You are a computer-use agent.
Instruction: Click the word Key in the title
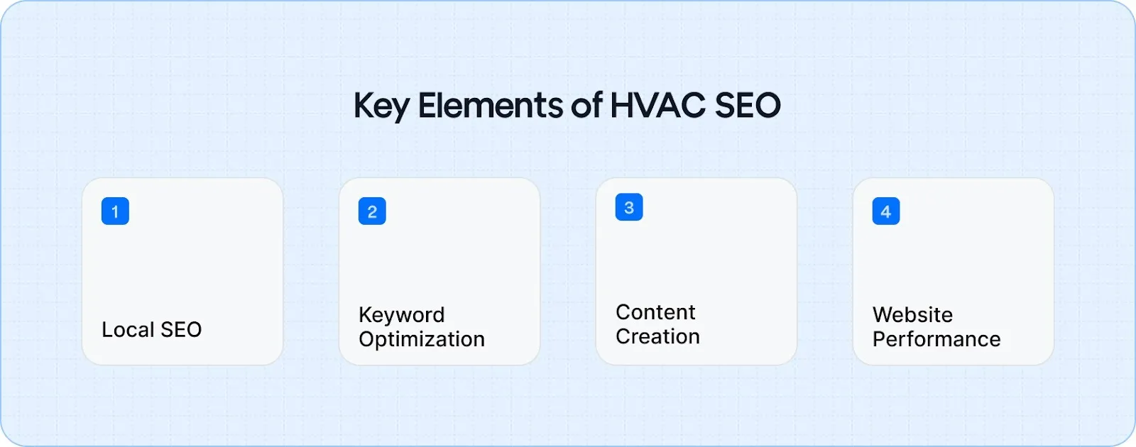click(x=381, y=106)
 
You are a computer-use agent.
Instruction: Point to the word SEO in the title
click(x=747, y=105)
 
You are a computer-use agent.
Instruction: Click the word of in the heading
click(x=586, y=105)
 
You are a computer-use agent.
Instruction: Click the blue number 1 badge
click(x=115, y=211)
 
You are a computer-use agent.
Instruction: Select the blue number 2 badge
click(x=372, y=211)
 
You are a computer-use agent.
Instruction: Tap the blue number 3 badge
click(x=629, y=207)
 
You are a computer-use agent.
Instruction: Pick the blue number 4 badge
click(x=886, y=211)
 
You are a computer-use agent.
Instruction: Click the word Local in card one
click(x=128, y=329)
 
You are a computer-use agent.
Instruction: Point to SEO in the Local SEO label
click(x=181, y=329)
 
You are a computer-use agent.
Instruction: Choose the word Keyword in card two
click(x=402, y=315)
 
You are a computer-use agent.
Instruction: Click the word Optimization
click(x=422, y=339)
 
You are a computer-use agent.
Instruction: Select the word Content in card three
click(x=655, y=312)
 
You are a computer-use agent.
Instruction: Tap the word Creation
click(x=657, y=336)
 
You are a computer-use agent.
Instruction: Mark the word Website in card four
click(x=912, y=314)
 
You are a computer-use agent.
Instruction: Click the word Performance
click(x=936, y=339)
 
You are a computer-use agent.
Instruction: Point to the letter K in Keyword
click(x=365, y=314)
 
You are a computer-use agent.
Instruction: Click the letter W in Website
click(x=883, y=314)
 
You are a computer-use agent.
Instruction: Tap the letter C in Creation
click(x=623, y=336)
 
